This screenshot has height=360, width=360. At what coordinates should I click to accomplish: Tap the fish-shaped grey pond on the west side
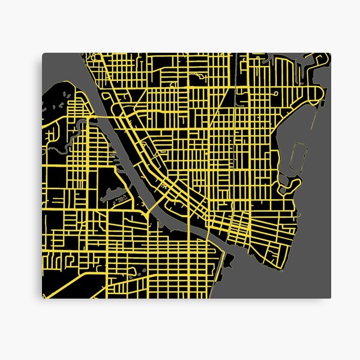[x=116, y=193]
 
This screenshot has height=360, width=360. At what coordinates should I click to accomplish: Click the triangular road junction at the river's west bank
[x=146, y=213]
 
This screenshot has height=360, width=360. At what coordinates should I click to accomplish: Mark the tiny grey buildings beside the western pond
[x=122, y=198]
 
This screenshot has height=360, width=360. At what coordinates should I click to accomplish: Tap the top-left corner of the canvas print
[x=42, y=53]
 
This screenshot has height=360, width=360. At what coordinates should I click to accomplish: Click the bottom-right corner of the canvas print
[x=331, y=298]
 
